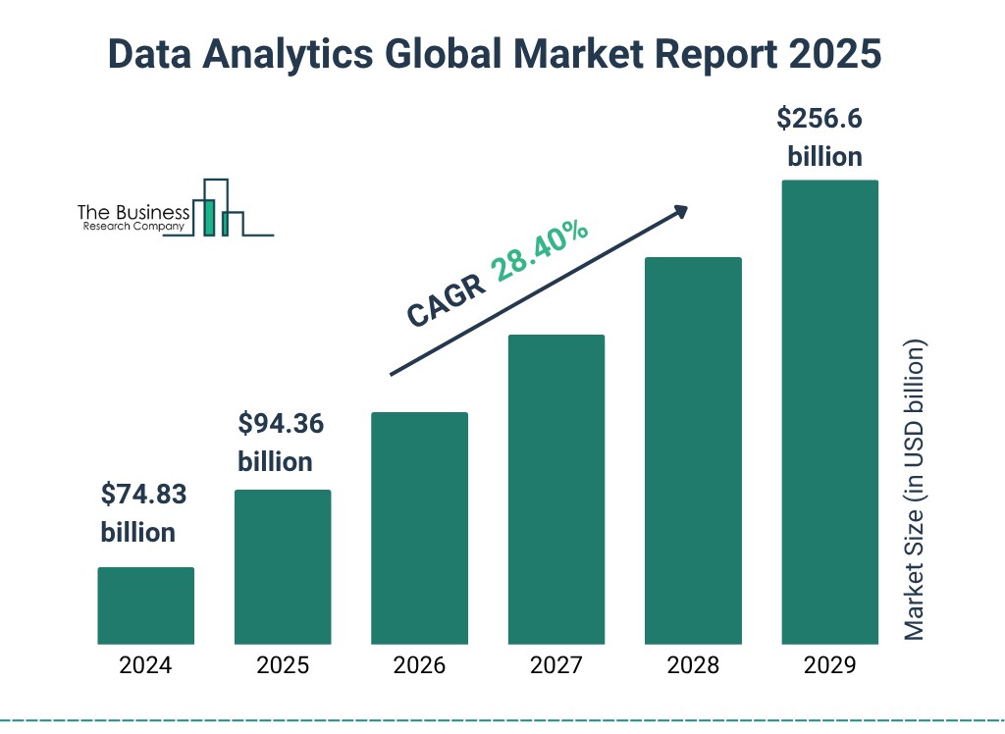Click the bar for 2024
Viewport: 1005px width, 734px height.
point(145,605)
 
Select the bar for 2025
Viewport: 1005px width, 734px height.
point(283,566)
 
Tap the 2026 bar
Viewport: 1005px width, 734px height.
point(419,528)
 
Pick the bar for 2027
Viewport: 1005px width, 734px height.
point(556,489)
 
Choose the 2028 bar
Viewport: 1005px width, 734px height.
point(693,450)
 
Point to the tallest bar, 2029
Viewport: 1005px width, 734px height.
point(829,412)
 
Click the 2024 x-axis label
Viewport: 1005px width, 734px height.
point(145,666)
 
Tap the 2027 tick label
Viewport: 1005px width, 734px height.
point(556,666)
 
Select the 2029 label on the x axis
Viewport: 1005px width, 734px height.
point(829,666)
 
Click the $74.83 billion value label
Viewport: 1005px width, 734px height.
point(143,513)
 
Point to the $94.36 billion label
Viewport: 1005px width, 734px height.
point(281,443)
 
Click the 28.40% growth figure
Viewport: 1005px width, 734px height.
point(541,251)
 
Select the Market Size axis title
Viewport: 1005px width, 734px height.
point(915,491)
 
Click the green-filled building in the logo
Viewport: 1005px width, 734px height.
point(208,217)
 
